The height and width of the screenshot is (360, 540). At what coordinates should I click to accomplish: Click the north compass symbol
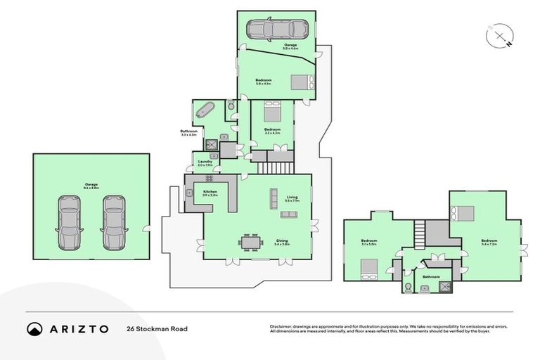(x=499, y=36)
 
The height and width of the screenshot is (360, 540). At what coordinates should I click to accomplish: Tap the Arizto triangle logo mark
(x=34, y=328)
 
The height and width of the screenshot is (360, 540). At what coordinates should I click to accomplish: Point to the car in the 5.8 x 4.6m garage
(x=276, y=29)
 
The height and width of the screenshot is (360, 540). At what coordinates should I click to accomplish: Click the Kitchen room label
(x=210, y=191)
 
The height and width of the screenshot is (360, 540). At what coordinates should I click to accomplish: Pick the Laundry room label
(x=205, y=162)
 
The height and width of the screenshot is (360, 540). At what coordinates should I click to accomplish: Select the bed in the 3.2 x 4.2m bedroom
(x=272, y=112)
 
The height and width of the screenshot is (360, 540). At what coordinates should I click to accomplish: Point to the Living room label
(x=292, y=198)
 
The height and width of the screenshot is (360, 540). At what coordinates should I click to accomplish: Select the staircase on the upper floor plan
(x=420, y=233)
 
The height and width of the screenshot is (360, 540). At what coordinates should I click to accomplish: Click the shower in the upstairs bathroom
(x=445, y=286)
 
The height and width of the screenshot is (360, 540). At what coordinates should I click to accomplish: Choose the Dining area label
(x=282, y=241)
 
